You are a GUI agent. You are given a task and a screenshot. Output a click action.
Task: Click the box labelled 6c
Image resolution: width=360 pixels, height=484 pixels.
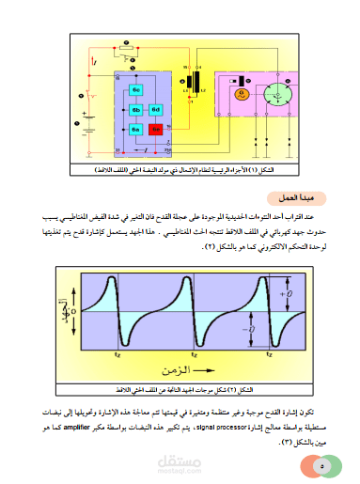(x=136, y=89)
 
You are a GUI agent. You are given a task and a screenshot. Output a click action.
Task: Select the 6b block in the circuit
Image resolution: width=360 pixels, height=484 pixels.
(x=135, y=110)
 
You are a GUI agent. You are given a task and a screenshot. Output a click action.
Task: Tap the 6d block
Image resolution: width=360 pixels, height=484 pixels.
(x=156, y=110)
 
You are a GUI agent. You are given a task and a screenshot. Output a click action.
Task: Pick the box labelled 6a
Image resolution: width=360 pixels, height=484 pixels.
(x=135, y=129)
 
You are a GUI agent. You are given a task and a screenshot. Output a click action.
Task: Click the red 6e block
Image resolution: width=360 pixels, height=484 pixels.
(x=156, y=129)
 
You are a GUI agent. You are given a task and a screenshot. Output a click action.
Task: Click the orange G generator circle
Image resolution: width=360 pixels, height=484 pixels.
(x=240, y=94)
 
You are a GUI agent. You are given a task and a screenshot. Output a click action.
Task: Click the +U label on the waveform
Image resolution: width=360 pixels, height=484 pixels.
(x=290, y=296)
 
